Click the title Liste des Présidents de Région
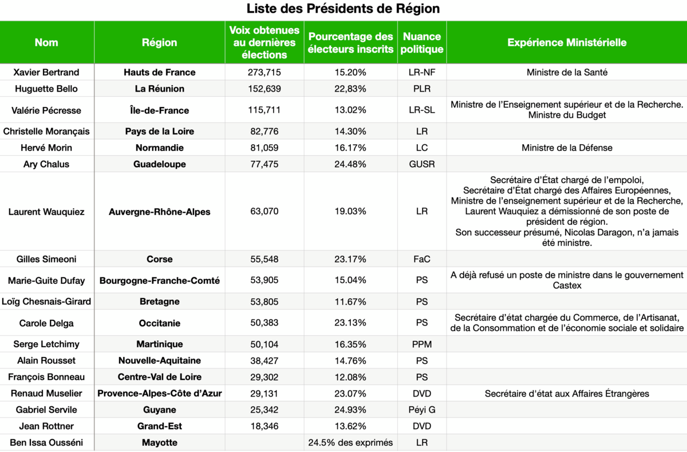tap(343, 9)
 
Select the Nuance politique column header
tap(422, 43)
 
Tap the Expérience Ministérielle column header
tap(567, 43)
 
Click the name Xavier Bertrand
tap(46, 72)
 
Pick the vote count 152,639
tap(264, 89)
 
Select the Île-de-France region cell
tap(159, 110)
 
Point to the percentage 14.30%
tap(350, 132)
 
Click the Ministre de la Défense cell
tap(567, 148)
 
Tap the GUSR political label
tap(422, 164)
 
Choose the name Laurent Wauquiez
tap(46, 212)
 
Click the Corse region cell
tap(159, 259)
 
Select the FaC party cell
tap(422, 259)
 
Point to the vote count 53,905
tap(264, 280)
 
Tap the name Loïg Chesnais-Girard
tap(46, 302)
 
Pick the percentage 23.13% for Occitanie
tap(350, 323)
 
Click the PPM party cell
tap(422, 344)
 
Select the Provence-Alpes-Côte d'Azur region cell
tap(159, 394)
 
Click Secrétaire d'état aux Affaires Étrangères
tap(567, 394)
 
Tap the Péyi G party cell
tap(422, 410)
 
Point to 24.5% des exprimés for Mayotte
tap(350, 443)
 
